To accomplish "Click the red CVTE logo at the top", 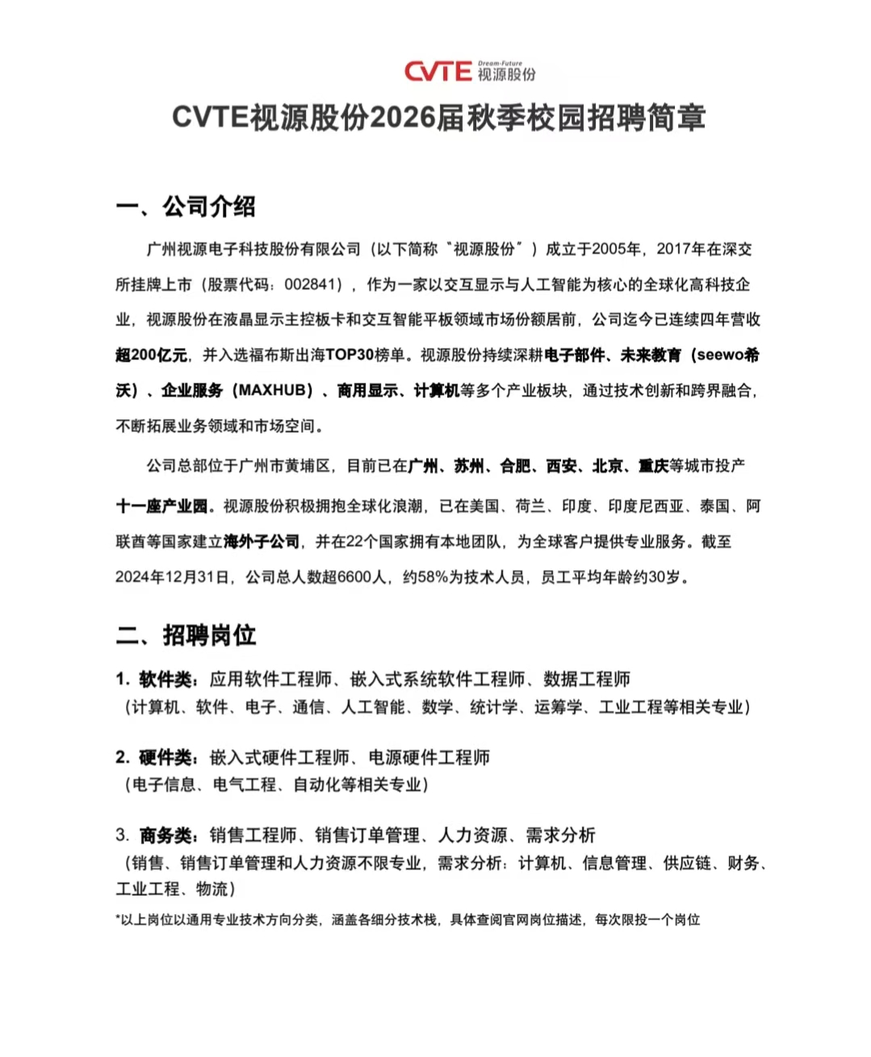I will [x=438, y=72].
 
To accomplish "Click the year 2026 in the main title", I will [x=403, y=118].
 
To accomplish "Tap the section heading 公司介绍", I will [x=209, y=207].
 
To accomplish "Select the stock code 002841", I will [x=311, y=284].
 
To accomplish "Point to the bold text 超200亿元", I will [x=151, y=355].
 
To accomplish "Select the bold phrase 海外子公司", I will [x=262, y=542].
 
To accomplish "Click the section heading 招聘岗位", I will [x=209, y=635].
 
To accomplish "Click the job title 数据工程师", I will [x=587, y=679].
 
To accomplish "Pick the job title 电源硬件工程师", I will [x=429, y=757].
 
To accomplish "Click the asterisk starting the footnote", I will [x=118, y=918].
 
